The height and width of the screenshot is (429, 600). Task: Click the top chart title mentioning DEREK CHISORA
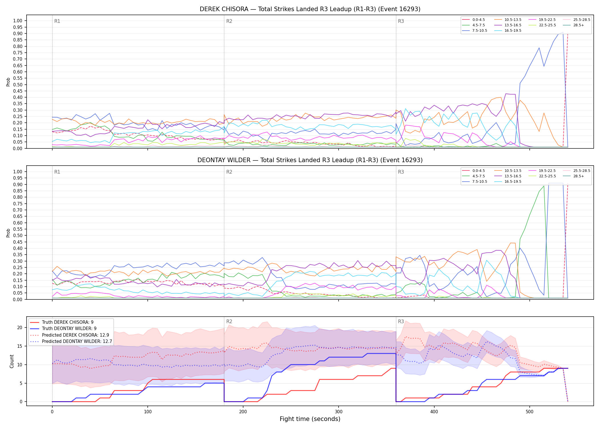tap(310, 9)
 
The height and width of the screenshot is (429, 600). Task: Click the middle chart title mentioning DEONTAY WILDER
tap(310, 160)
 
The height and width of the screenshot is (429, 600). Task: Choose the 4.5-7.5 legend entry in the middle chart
tap(473, 176)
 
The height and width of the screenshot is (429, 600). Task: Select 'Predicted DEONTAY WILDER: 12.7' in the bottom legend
tap(71, 341)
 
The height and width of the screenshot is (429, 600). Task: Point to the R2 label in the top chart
tap(229, 21)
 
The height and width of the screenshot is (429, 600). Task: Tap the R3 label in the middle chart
tap(401, 172)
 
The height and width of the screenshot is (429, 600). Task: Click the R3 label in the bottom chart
tap(401, 321)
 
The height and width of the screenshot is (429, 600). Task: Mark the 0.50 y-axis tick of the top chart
tap(17, 85)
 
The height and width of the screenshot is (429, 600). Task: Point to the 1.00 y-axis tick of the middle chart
tap(17, 172)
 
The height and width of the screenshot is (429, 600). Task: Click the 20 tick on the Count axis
tap(20, 328)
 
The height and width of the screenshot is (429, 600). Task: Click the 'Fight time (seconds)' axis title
tap(310, 419)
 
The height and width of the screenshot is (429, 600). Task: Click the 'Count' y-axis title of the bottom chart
tap(12, 361)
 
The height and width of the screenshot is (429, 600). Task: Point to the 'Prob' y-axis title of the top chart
tap(8, 82)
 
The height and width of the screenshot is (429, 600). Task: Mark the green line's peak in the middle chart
tap(544, 186)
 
